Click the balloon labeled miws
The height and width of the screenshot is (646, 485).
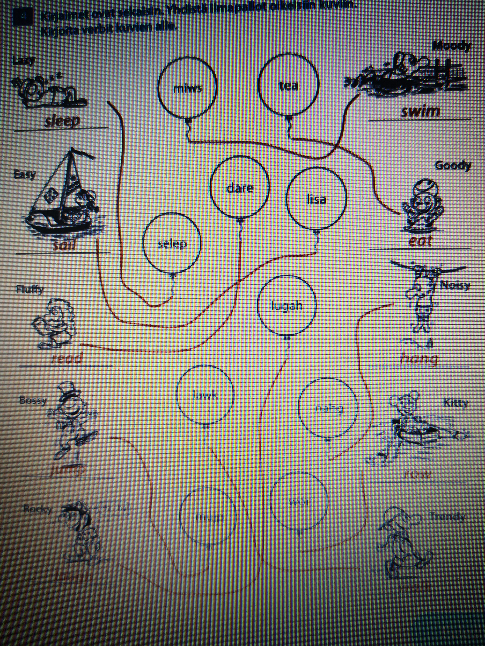(187, 88)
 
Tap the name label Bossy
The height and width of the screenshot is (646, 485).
(33, 401)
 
